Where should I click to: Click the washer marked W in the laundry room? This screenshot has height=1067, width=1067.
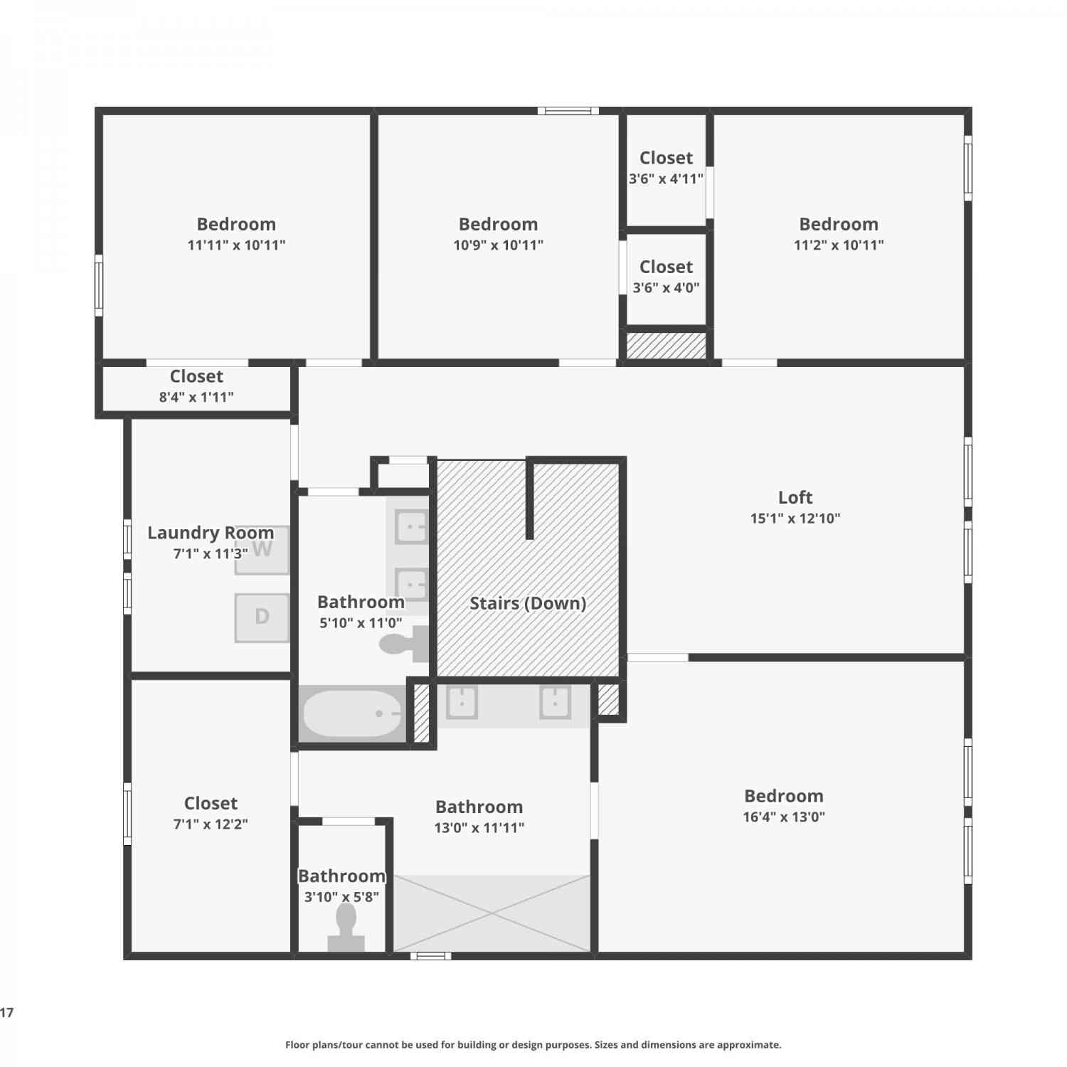pyautogui.click(x=262, y=549)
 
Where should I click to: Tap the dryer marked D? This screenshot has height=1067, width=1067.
pyautogui.click(x=262, y=617)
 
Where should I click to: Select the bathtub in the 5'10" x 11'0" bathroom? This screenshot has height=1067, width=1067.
pyautogui.click(x=352, y=713)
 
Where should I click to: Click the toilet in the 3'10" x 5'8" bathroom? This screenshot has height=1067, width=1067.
pyautogui.click(x=346, y=926)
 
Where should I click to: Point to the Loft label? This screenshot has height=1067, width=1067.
pyautogui.click(x=795, y=497)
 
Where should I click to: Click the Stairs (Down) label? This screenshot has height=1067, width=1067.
pyautogui.click(x=528, y=603)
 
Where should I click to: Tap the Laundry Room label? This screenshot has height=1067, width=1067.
pyautogui.click(x=211, y=533)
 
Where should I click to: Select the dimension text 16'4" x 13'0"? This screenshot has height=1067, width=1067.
pyautogui.click(x=784, y=817)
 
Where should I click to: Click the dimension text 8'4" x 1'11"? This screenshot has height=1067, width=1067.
pyautogui.click(x=196, y=397)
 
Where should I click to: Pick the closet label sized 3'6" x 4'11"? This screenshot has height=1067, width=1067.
pyautogui.click(x=666, y=158)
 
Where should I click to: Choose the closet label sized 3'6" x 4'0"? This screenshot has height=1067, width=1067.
pyautogui.click(x=666, y=267)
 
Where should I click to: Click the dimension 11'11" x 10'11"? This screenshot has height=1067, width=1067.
pyautogui.click(x=236, y=245)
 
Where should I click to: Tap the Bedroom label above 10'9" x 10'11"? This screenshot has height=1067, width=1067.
pyautogui.click(x=498, y=224)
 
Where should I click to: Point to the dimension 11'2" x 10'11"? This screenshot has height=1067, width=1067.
pyautogui.click(x=839, y=245)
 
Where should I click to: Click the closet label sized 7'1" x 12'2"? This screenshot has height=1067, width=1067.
pyautogui.click(x=211, y=803)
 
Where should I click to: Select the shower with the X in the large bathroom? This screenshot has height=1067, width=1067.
pyautogui.click(x=492, y=913)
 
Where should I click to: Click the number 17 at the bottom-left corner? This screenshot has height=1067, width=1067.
pyautogui.click(x=6, y=1012)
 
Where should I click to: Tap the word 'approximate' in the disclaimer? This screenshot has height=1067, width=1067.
pyautogui.click(x=748, y=1045)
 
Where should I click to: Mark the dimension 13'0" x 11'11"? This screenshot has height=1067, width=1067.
pyautogui.click(x=479, y=827)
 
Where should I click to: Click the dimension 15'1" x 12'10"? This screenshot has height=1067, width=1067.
pyautogui.click(x=795, y=518)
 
